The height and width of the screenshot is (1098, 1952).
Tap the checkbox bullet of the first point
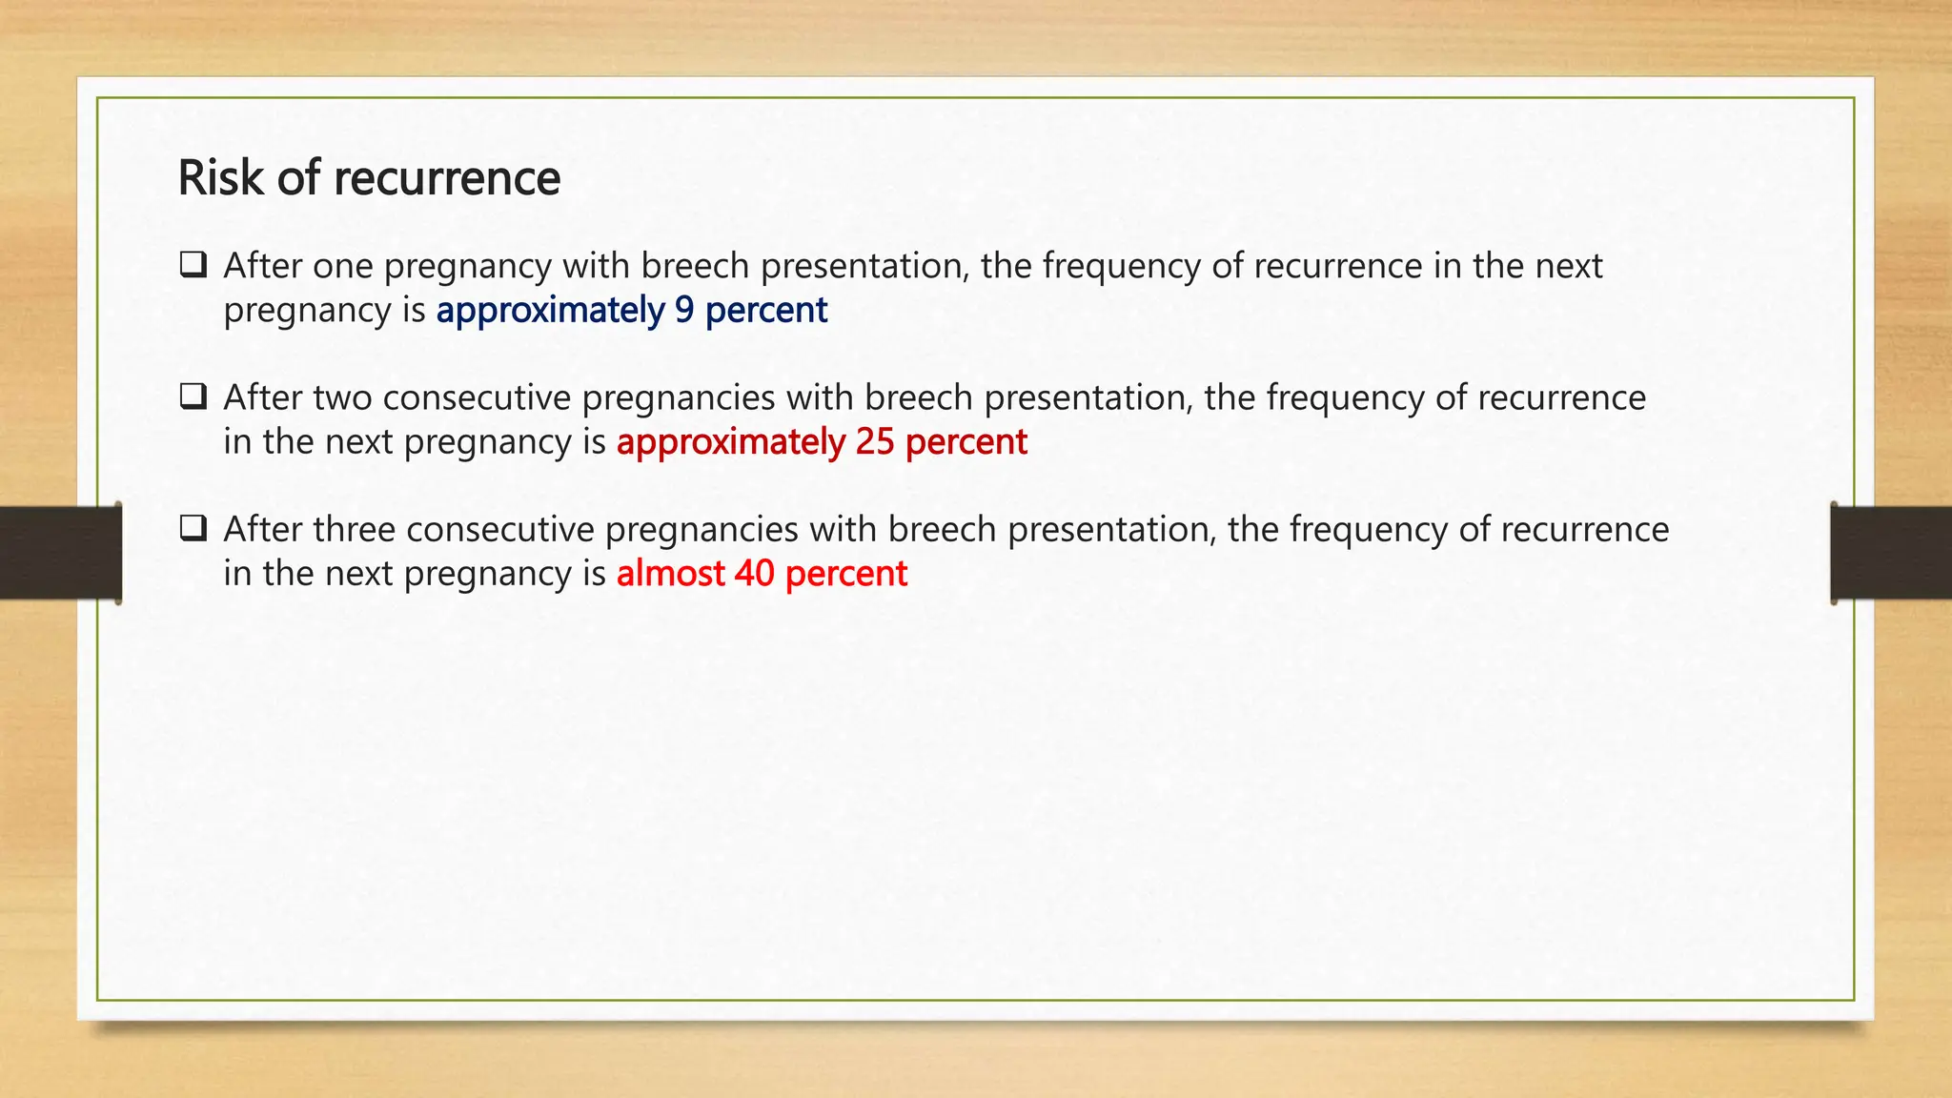tap(193, 264)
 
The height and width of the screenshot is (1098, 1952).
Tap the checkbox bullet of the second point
tap(193, 396)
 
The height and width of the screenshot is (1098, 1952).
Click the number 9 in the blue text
tap(684, 311)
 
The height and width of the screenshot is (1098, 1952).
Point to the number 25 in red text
tap(875, 442)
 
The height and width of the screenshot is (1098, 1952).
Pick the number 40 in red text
tap(754, 574)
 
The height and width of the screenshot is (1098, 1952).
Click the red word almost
tap(670, 574)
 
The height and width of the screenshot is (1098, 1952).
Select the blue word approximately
tap(550, 311)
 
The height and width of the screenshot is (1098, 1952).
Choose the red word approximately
tap(731, 442)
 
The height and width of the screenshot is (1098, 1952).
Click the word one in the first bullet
tap(342, 266)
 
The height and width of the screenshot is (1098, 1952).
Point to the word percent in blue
tap(766, 311)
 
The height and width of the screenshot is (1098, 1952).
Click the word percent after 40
tap(846, 574)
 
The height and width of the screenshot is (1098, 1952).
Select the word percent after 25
tap(966, 442)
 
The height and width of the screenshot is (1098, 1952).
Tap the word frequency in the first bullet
tap(1121, 266)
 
